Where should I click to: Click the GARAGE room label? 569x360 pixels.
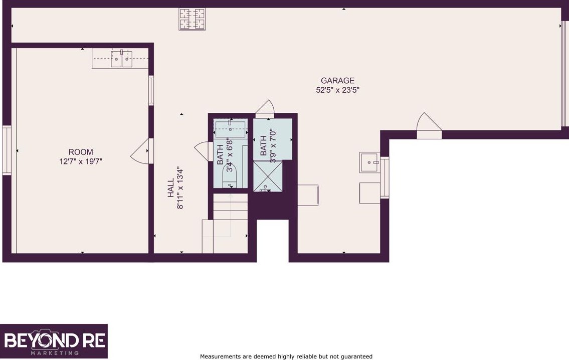[x=337, y=81]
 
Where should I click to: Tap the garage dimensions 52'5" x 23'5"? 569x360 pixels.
[x=337, y=90]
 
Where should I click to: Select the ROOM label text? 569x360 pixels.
[x=81, y=152]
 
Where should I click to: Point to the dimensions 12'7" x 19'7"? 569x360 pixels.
[x=81, y=161]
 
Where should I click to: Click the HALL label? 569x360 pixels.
[x=171, y=188]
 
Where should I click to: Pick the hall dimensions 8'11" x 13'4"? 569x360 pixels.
[x=180, y=188]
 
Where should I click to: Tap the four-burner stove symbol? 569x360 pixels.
[x=192, y=19]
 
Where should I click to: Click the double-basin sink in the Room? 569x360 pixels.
[x=121, y=59]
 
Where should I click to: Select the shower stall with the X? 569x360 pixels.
[x=268, y=176]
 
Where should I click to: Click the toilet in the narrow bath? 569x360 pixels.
[x=229, y=175]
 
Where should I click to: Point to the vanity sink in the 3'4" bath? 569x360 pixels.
[x=231, y=129]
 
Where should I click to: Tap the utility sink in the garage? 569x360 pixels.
[x=369, y=162]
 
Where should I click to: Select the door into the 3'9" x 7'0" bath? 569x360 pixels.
[x=265, y=108]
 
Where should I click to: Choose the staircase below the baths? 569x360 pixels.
[x=226, y=223]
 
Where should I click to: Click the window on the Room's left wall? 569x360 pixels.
[x=7, y=150]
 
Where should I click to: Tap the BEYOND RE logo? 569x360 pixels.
[x=54, y=341]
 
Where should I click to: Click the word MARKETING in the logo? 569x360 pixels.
[x=55, y=353]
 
